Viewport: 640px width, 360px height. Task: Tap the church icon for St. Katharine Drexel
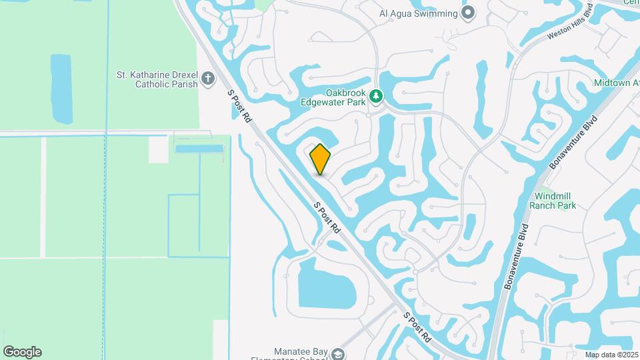coord(208,79)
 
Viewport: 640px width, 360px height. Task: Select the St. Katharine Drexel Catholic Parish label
coord(157,79)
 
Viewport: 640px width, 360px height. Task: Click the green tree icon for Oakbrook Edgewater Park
coord(377,97)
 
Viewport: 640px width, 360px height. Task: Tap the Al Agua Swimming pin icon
coord(468,13)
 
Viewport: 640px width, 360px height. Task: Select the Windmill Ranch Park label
coord(553,201)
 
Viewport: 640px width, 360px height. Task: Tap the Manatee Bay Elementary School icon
coord(339,353)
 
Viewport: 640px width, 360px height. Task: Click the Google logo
coord(22,352)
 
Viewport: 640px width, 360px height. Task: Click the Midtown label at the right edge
coord(616,83)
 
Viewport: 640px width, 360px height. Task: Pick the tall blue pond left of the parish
coord(61,88)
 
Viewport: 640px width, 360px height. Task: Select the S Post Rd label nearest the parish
coord(239,107)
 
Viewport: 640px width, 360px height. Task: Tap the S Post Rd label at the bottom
coord(417,327)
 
